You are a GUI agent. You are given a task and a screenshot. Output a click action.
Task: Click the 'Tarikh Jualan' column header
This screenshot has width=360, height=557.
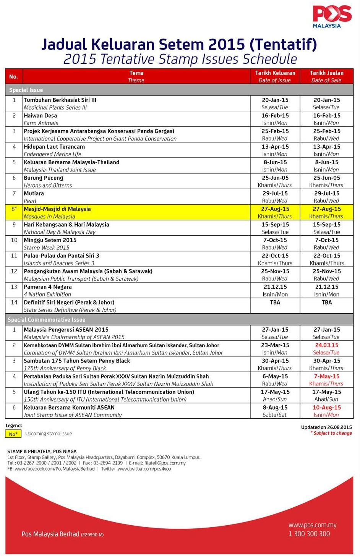pyautogui.click(x=326, y=73)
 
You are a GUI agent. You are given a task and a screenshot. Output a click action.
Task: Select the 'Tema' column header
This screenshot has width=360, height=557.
pyautogui.click(x=136, y=73)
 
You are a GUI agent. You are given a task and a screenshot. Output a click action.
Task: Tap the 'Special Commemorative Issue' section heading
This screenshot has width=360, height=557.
pyautogui.click(x=46, y=320)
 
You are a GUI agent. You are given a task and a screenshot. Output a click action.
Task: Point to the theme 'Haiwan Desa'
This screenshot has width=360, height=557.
pyautogui.click(x=40, y=115)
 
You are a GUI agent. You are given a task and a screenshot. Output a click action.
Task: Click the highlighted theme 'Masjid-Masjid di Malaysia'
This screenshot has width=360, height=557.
pyautogui.click(x=57, y=209)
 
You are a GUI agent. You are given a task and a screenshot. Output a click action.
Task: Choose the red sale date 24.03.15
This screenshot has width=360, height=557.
pyautogui.click(x=326, y=345)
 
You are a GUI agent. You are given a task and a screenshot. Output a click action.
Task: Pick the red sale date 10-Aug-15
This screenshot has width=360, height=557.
pyautogui.click(x=326, y=408)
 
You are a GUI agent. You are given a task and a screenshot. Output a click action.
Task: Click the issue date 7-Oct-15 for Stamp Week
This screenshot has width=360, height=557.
pyautogui.click(x=275, y=240)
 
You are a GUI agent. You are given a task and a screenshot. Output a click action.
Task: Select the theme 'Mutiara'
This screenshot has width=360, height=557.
pyautogui.click(x=34, y=193)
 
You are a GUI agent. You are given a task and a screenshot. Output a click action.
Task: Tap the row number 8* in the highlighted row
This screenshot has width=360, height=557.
pyautogui.click(x=14, y=209)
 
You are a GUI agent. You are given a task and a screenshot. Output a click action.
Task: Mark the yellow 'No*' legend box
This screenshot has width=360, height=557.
pyautogui.click(x=13, y=434)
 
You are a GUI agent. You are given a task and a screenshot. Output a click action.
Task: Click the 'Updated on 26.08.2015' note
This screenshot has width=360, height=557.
pyautogui.click(x=326, y=427)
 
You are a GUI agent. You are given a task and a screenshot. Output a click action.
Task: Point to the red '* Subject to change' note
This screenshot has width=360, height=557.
pyautogui.click(x=331, y=433)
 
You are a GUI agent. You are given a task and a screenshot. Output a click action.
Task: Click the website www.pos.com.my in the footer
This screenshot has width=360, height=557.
pyautogui.click(x=312, y=525)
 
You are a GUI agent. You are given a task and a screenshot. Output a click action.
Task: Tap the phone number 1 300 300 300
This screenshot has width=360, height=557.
pyautogui.click(x=309, y=534)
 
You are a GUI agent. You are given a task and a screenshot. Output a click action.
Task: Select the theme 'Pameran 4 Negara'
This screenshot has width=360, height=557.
pyautogui.click(x=47, y=287)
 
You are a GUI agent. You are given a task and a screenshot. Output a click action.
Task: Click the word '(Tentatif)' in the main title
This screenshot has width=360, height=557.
pyautogui.click(x=283, y=45)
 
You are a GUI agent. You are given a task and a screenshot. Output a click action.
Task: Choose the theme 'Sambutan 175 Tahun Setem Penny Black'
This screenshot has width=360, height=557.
pyautogui.click(x=76, y=361)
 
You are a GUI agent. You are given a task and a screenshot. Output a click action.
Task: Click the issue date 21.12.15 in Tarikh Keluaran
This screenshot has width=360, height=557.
pyautogui.click(x=275, y=287)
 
